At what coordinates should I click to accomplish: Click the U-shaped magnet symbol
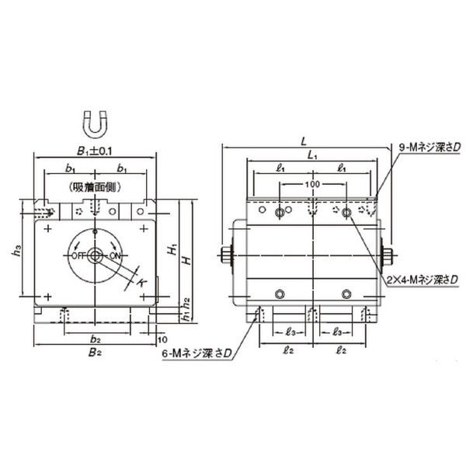(x=94, y=123)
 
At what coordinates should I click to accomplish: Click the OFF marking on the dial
(x=78, y=256)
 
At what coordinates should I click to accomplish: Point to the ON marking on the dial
(x=116, y=256)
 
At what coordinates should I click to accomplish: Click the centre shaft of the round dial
(x=95, y=256)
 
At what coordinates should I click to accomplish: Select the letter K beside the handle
(x=141, y=283)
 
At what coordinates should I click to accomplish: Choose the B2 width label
(x=95, y=353)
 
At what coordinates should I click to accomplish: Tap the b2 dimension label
(x=95, y=339)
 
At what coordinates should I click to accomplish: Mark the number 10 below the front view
(x=162, y=339)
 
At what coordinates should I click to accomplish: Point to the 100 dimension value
(x=312, y=185)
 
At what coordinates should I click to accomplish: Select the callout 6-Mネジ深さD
(x=197, y=354)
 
